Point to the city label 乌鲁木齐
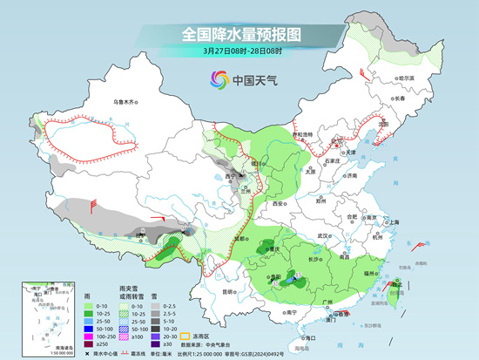(126, 103)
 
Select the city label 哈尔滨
(401, 78)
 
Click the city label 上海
(395, 222)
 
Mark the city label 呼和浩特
(300, 135)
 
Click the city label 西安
(278, 202)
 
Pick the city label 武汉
(324, 235)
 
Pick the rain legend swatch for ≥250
(91, 344)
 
